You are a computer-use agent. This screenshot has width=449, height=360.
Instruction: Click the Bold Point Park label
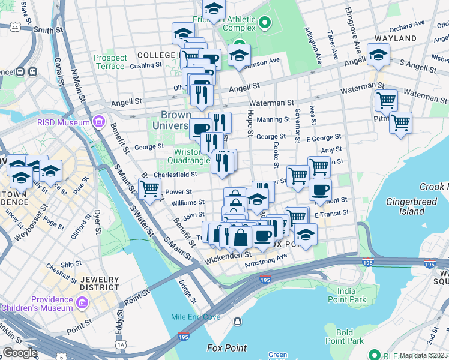tap(344, 337)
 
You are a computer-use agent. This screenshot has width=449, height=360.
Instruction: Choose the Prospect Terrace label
tap(110, 62)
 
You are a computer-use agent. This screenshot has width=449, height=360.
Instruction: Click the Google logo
tap(20, 353)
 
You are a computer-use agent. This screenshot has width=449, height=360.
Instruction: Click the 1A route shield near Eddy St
tap(121, 345)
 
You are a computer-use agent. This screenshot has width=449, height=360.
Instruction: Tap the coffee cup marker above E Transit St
tap(320, 190)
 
